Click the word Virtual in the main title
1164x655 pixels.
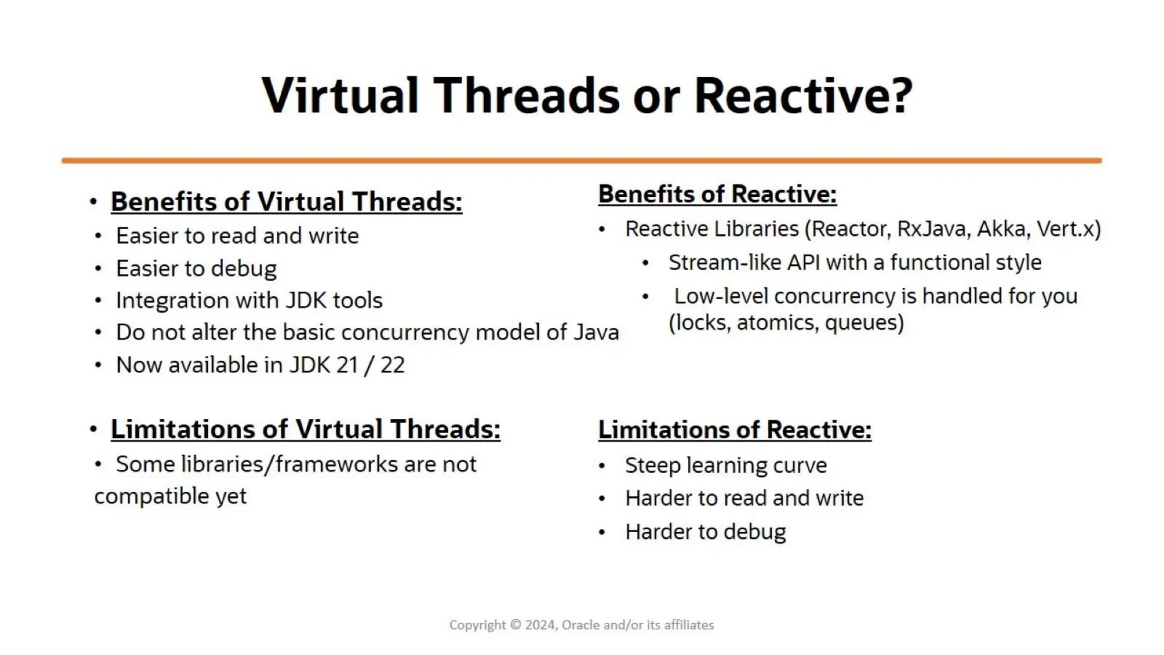pos(340,96)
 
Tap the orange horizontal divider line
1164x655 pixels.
pos(581,161)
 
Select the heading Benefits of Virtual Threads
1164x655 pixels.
pos(286,202)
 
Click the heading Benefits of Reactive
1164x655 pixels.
pos(717,194)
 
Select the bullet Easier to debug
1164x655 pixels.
pos(196,268)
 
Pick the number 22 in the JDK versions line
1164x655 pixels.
pos(392,365)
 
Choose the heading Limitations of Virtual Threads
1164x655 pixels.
pos(305,429)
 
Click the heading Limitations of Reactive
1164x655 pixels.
pos(734,430)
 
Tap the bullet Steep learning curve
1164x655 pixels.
pos(726,466)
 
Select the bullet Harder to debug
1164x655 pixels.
pos(705,532)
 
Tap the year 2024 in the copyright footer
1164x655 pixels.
pos(540,625)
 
